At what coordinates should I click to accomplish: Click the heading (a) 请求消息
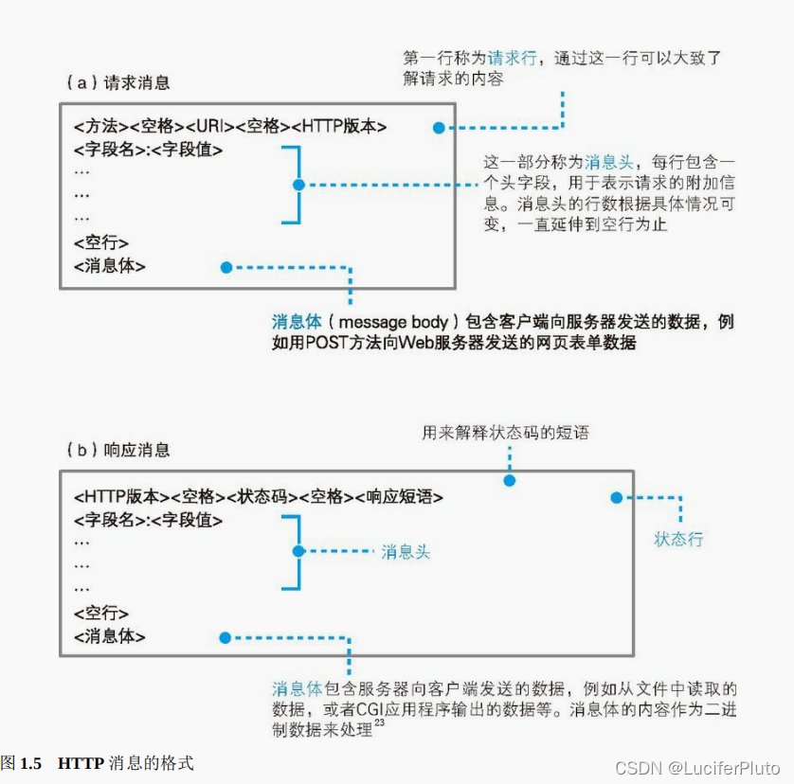click(118, 83)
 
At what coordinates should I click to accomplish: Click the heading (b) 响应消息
click(118, 449)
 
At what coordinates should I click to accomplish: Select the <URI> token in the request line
click(209, 127)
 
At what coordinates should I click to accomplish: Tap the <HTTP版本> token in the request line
click(339, 127)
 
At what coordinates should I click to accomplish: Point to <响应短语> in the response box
click(399, 496)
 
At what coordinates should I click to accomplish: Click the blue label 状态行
click(678, 540)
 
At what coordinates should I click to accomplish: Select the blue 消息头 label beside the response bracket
click(406, 551)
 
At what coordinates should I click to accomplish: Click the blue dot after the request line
click(438, 127)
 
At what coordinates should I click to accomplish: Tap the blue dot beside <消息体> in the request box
click(226, 268)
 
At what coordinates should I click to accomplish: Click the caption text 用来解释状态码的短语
click(505, 434)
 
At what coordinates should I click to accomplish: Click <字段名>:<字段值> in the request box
click(148, 150)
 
